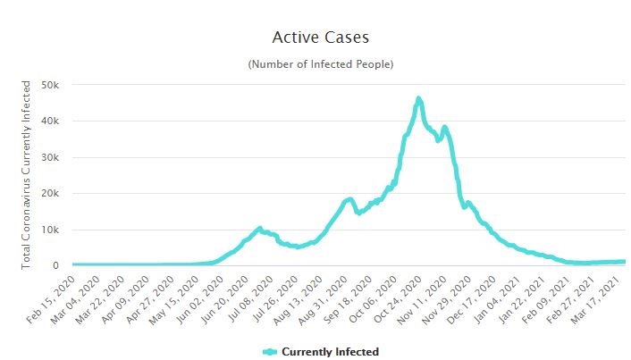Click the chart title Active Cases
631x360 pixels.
[320, 38]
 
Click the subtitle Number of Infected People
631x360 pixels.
[320, 64]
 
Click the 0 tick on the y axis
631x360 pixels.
[55, 265]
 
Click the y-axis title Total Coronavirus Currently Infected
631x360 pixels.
[27, 173]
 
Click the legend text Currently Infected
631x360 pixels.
[330, 352]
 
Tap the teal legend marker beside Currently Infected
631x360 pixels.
[271, 352]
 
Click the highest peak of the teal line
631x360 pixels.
[418, 98]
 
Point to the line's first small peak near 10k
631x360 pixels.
[259, 229]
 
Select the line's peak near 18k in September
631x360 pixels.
[349, 199]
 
